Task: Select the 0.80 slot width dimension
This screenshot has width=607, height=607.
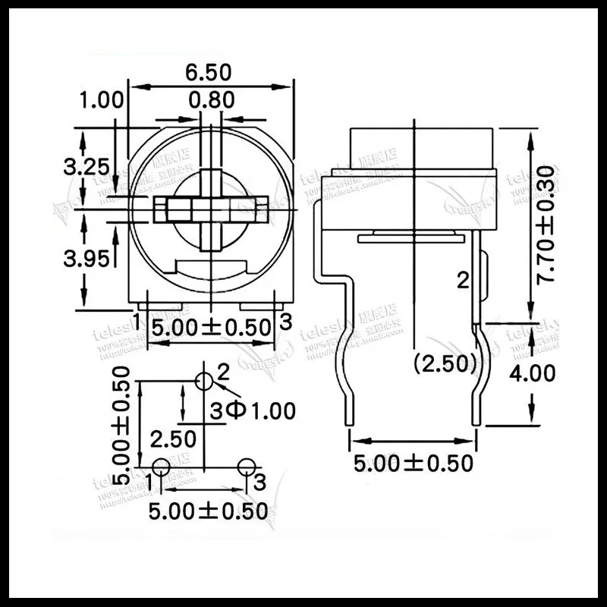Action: pyautogui.click(x=212, y=99)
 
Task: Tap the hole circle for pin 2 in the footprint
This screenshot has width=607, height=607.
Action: pyautogui.click(x=203, y=382)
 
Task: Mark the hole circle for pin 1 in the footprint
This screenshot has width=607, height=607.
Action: pyautogui.click(x=162, y=467)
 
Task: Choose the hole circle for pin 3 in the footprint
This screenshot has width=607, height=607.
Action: pyautogui.click(x=245, y=467)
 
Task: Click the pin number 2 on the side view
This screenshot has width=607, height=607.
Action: pyautogui.click(x=462, y=281)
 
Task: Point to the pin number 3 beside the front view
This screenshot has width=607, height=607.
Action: pyautogui.click(x=285, y=321)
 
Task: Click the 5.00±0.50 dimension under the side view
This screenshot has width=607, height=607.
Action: pyautogui.click(x=414, y=463)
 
